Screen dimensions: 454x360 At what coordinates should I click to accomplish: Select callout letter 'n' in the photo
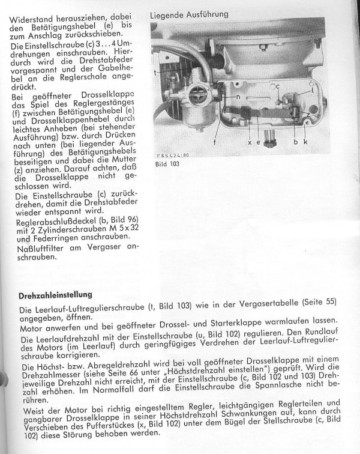coord(238,97)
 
